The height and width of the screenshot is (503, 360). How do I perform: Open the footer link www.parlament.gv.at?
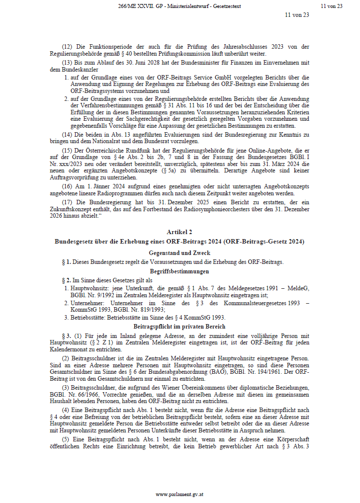click(180, 495)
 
